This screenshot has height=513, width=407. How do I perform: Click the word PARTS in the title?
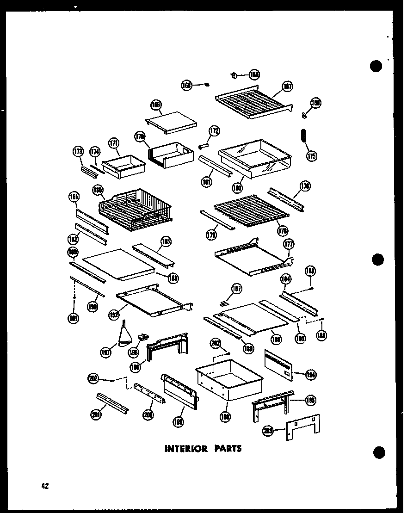point(227,448)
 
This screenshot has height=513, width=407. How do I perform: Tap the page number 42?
point(44,486)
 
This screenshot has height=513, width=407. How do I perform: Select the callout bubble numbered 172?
point(214,131)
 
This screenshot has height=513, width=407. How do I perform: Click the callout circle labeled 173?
point(78,151)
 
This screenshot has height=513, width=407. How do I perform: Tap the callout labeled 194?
point(310,375)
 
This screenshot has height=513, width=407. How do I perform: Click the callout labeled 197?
point(105,353)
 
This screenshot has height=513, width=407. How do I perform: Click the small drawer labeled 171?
point(123,165)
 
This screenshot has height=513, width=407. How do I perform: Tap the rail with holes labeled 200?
point(149,393)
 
